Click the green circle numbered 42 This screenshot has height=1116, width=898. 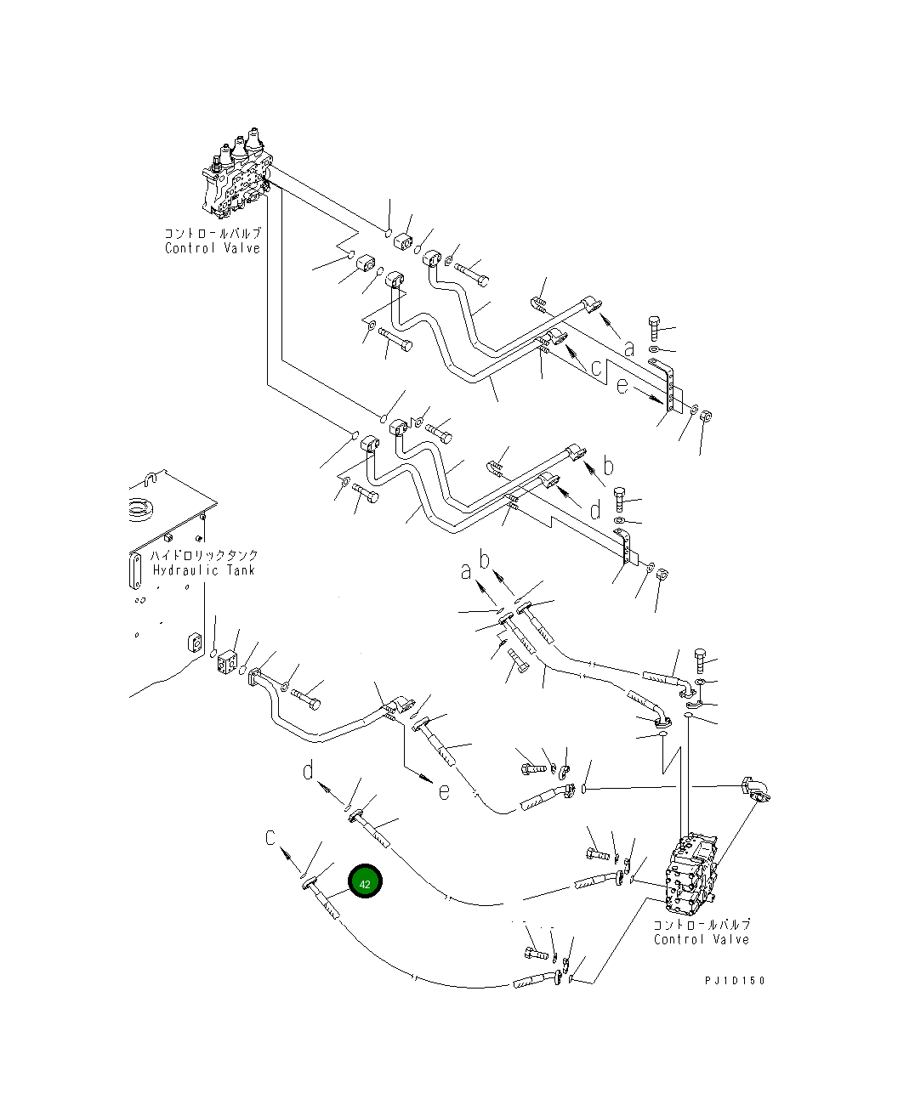click(365, 881)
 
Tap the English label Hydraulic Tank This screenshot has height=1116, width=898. click(204, 571)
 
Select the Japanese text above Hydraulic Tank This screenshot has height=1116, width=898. click(204, 555)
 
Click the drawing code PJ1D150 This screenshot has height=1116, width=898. click(735, 981)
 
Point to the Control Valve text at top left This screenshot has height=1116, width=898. click(213, 248)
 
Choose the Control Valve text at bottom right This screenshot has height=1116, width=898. click(702, 940)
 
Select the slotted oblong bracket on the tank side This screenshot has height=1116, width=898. click(135, 570)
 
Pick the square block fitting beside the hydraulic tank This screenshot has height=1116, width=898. click(227, 663)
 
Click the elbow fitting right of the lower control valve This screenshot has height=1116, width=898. click(757, 790)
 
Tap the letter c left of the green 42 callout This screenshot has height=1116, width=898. click(270, 837)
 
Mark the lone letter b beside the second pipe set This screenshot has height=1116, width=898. click(608, 465)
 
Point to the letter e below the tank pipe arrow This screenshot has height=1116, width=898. click(444, 792)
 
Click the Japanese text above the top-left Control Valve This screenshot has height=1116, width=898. click(213, 234)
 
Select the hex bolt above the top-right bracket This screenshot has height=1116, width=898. click(654, 328)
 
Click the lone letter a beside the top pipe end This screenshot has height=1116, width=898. click(629, 349)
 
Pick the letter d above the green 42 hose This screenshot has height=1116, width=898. click(308, 771)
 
